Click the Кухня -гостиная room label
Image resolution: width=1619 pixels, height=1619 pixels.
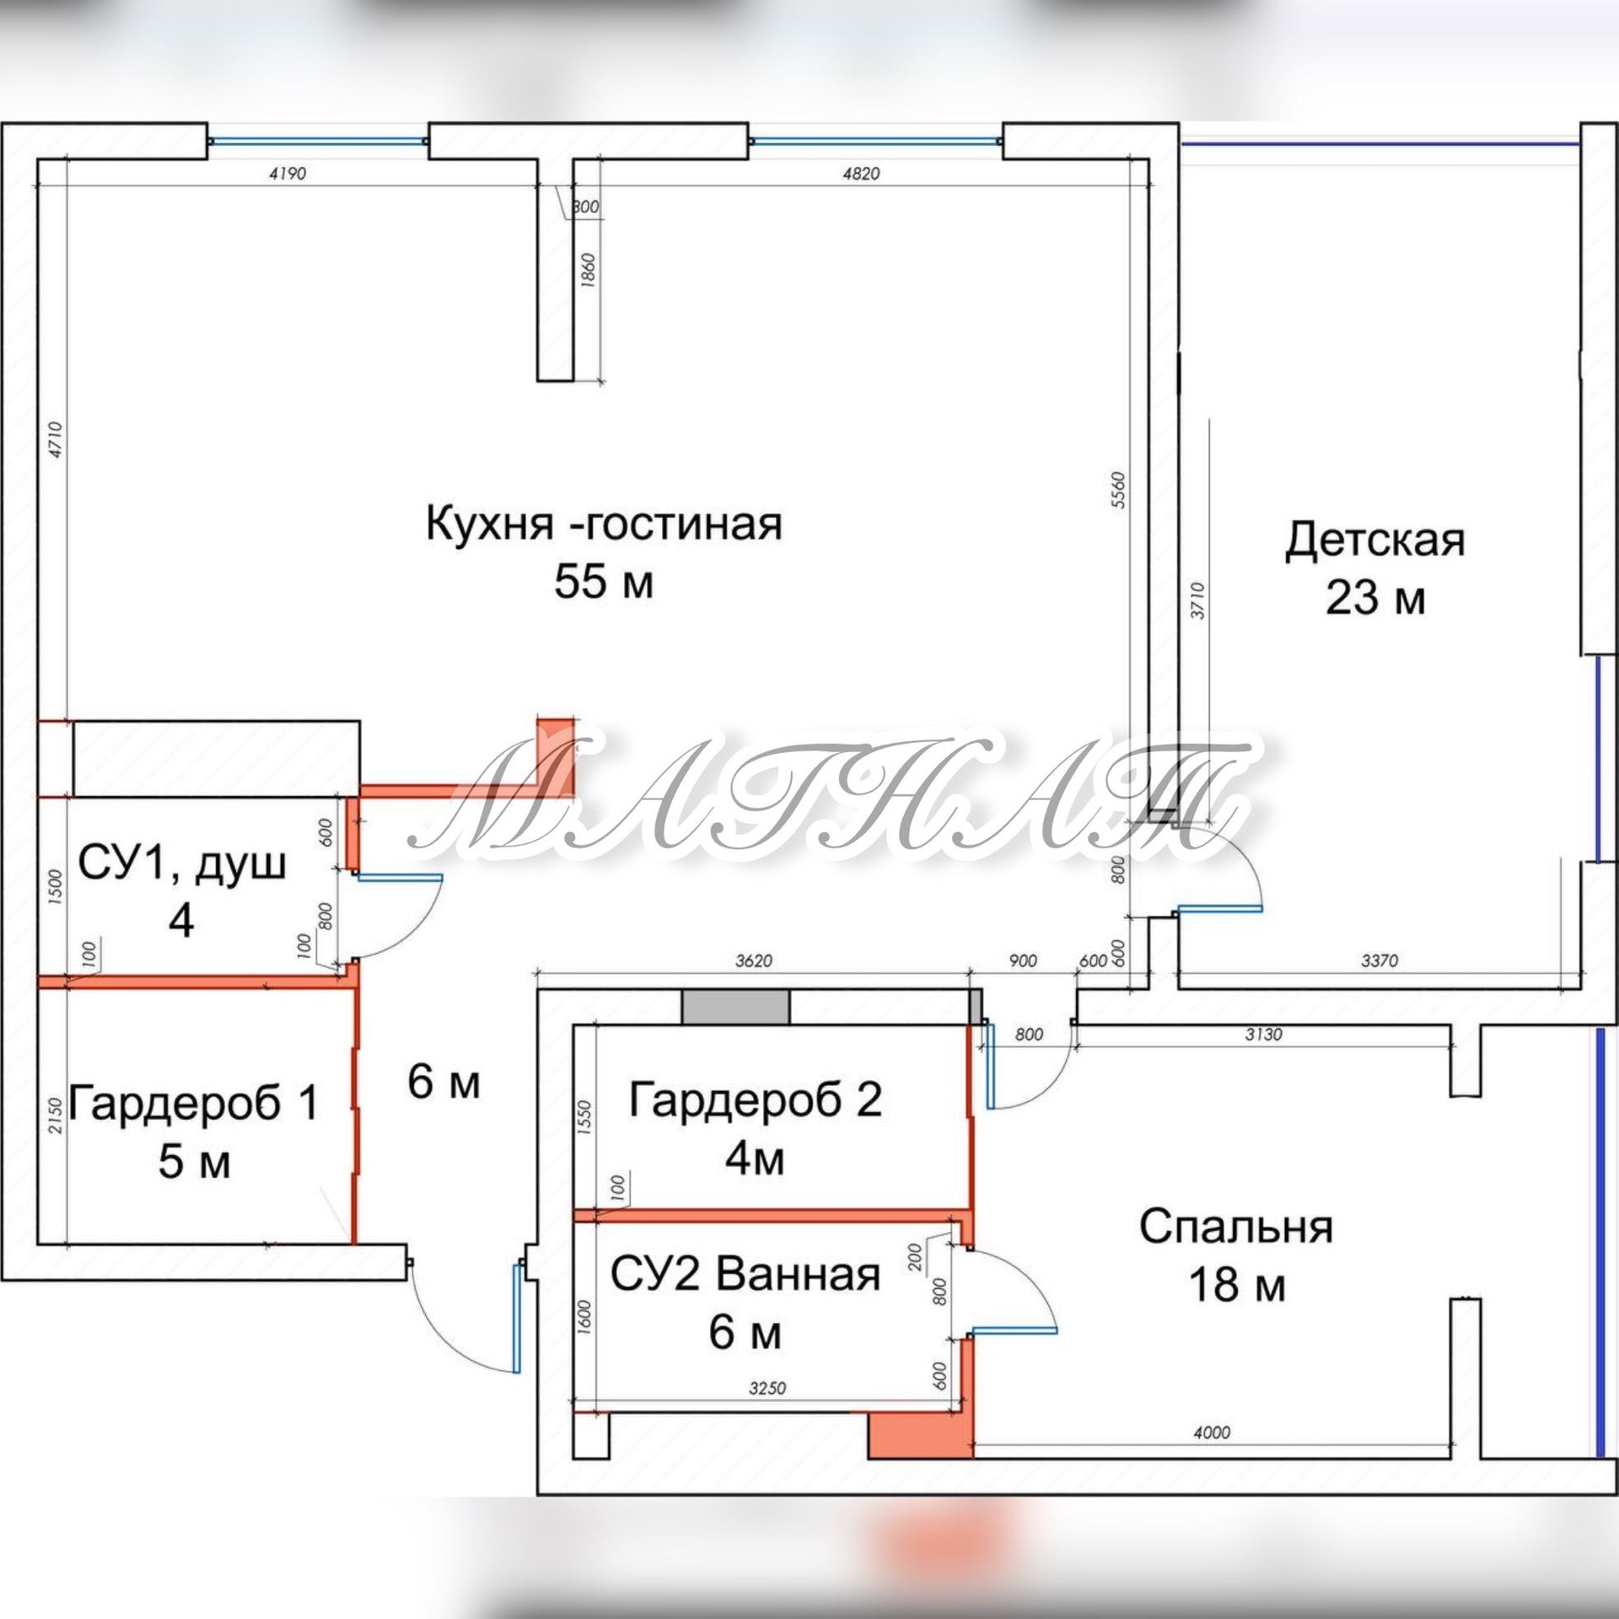tap(604, 524)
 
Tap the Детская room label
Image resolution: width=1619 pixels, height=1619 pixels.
tap(1374, 541)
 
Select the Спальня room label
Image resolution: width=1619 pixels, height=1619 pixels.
tap(1235, 1227)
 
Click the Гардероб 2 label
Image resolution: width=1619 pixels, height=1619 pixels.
tap(755, 1100)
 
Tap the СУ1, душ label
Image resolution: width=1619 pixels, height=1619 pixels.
tap(181, 863)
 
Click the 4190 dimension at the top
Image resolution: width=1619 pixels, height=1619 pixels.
tap(287, 174)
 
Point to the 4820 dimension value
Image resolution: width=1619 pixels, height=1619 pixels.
tap(860, 174)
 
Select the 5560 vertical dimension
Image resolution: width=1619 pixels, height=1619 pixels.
tap(1119, 489)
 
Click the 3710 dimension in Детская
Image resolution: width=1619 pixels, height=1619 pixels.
tap(1197, 600)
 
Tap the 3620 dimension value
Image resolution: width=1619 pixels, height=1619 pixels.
tap(753, 960)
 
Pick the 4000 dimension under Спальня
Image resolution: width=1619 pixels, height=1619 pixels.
tap(1212, 1432)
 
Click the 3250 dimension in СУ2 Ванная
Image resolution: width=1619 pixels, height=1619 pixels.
tap(766, 1388)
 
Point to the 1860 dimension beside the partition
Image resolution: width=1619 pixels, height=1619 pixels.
tap(589, 269)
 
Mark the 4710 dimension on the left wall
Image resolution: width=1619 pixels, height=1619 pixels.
tap(56, 439)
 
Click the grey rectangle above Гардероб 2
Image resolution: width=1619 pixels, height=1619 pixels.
tap(735, 1006)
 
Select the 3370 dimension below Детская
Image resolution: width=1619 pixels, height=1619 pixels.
tap(1380, 960)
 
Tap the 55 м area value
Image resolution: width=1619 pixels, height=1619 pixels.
tap(604, 582)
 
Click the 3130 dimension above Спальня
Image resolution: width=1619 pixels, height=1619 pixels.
tap(1262, 1034)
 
